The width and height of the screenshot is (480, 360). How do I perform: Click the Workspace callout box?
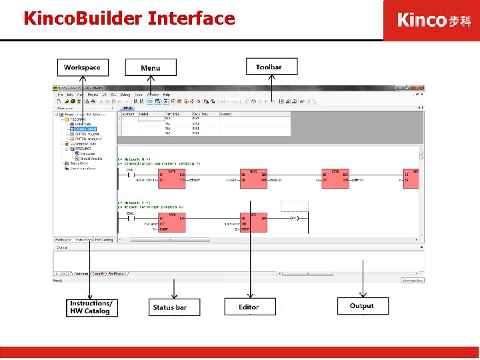[x=82, y=67]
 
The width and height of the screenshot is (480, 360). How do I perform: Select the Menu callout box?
[x=151, y=67]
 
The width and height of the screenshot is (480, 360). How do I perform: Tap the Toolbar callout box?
[x=269, y=67]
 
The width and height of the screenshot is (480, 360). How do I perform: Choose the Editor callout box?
[x=249, y=307]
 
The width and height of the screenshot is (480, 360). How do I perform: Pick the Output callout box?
[x=362, y=306]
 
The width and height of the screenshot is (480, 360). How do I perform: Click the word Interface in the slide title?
[x=191, y=18]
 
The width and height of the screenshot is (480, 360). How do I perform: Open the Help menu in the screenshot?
[x=167, y=95]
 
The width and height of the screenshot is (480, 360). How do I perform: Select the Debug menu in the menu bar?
[x=125, y=95]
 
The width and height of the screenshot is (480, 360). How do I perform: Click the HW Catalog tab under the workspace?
[x=104, y=239]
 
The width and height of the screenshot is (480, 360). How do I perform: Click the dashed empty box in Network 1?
[x=295, y=206]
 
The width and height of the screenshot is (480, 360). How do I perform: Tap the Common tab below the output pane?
[x=81, y=273]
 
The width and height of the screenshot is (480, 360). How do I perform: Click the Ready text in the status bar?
[x=59, y=281]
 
